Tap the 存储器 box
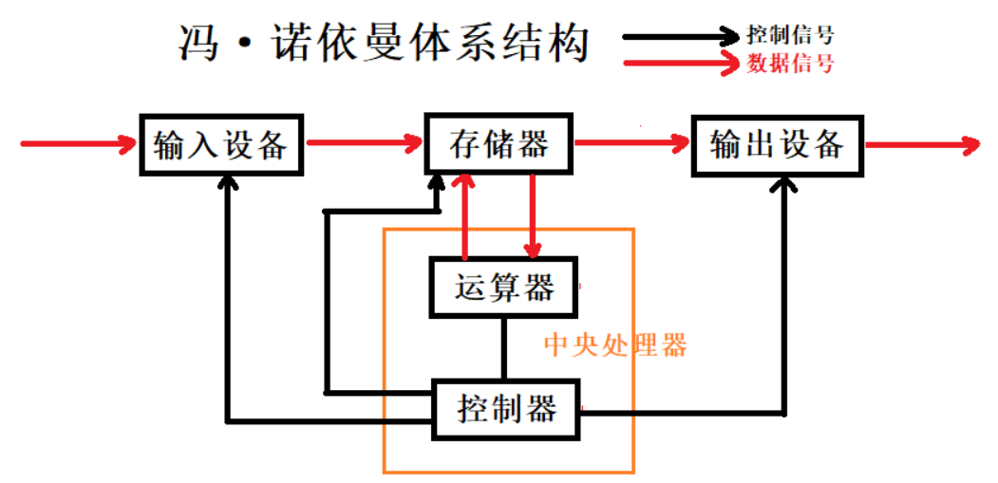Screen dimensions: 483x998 click(x=499, y=145)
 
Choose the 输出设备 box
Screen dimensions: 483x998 click(x=778, y=145)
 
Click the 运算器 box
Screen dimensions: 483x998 click(x=503, y=287)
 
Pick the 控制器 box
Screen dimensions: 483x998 click(x=505, y=410)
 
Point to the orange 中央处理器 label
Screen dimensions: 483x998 click(x=614, y=344)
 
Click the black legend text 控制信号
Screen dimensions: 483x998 click(x=790, y=36)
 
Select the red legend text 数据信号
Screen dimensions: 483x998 click(x=790, y=65)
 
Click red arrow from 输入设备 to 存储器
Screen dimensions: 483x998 click(x=365, y=144)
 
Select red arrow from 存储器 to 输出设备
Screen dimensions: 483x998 click(x=632, y=144)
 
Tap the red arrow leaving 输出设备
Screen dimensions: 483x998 click(x=921, y=145)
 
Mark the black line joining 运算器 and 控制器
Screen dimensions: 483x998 click(x=503, y=348)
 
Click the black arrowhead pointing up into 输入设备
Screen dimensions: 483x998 click(x=228, y=184)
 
